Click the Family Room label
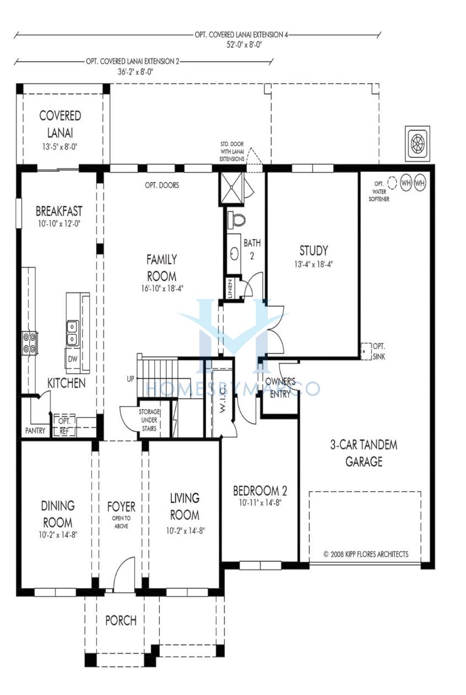coord(161,268)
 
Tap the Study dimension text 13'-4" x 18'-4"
coord(313,264)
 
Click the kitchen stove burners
coord(30,343)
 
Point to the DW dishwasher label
coord(73,359)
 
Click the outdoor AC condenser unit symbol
coord(418,144)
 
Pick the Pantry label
coord(35,431)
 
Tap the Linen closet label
coord(230,289)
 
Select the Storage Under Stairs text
coord(149,420)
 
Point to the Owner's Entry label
coord(280,388)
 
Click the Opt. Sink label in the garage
coord(379,351)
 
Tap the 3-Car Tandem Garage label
coord(364,453)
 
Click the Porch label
coord(121,621)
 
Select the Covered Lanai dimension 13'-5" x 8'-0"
coord(59,146)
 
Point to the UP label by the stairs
coord(131,378)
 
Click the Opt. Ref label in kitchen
coord(64,426)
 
